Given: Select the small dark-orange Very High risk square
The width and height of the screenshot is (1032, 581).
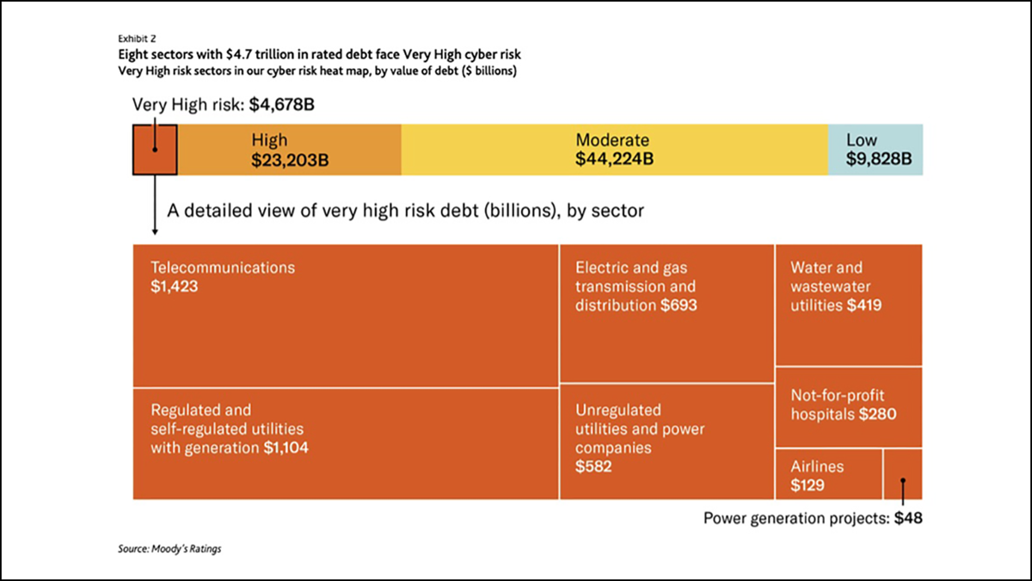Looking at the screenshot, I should coord(155,151).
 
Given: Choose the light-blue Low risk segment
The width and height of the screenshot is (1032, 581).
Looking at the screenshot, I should coord(875,150).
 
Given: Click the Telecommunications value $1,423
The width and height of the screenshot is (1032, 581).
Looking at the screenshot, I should coord(175,287).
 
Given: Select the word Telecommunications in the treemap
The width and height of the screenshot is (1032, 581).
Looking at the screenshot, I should coord(223,268).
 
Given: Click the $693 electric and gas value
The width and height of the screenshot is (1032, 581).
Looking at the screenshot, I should coord(679,306).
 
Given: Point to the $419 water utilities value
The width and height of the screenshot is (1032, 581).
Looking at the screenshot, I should coord(864,306).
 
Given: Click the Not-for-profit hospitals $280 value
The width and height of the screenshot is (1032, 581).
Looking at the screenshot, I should coord(877,415).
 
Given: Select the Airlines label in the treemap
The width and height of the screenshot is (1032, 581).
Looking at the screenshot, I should coord(817,467).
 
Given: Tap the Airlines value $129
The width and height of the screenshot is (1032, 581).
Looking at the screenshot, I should coord(808,485).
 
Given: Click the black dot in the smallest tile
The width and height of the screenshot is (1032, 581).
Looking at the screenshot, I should coord(903,481).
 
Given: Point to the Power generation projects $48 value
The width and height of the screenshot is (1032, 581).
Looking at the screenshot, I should coord(908,518).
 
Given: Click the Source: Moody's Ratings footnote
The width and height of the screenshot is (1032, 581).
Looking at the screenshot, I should coord(169,548).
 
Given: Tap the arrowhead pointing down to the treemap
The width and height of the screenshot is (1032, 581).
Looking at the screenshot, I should coord(155,231).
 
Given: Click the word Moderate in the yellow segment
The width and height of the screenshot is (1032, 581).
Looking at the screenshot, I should coord(612,140).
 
